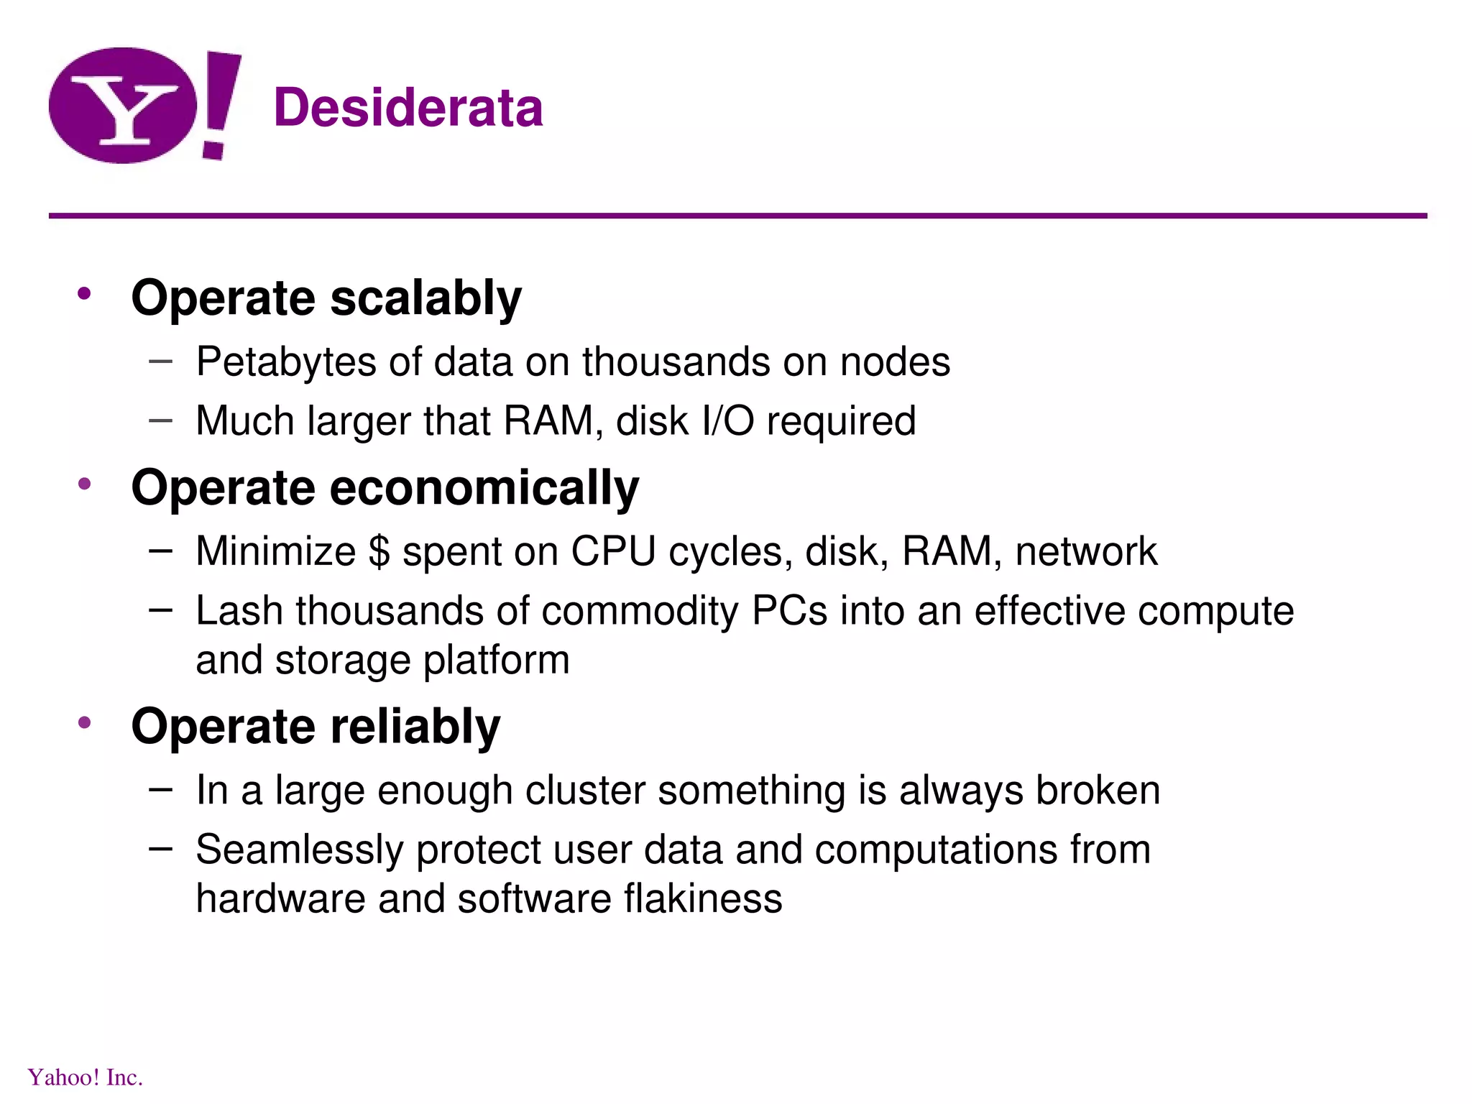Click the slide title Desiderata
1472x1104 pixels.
pos(408,108)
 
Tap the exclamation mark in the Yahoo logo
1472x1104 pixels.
pos(220,101)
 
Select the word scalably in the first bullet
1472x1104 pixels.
pos(425,298)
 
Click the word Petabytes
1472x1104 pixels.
pos(285,362)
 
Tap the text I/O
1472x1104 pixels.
pos(727,420)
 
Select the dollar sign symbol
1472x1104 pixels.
pos(379,552)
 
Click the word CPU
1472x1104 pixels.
pos(613,552)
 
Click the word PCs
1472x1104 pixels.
pos(789,611)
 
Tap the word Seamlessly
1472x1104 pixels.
pos(299,850)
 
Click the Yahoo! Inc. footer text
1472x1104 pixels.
pos(85,1077)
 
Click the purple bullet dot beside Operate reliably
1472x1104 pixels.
pos(85,722)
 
